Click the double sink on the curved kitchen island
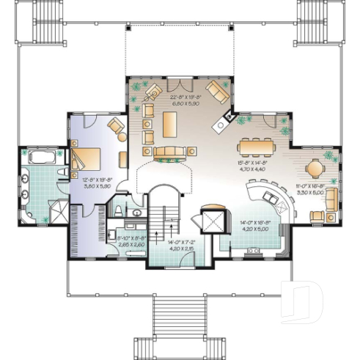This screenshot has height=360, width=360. pos(267,198)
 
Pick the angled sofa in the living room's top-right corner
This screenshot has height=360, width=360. pos(217,92)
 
